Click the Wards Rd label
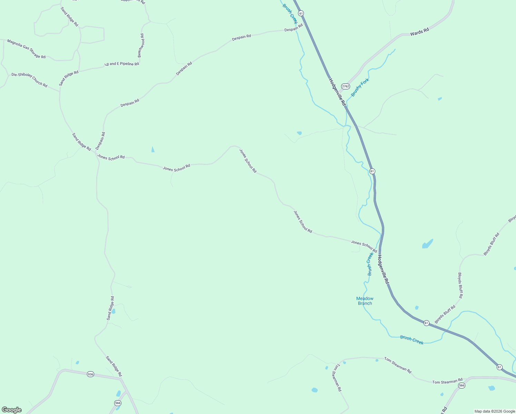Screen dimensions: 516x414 pos(419,32)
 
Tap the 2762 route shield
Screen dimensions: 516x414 pos(345,86)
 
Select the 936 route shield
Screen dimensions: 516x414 pos(90,374)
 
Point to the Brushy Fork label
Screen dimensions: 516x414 pos(360,87)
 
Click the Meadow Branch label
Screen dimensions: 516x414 pos(365,301)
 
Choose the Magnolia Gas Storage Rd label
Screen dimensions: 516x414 pos(26,49)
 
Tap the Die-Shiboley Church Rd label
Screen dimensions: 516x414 pos(29,80)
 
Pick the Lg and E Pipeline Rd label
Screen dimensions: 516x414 pos(122,64)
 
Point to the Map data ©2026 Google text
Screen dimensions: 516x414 pos(494,411)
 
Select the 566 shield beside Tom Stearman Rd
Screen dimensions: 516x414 pos(462,385)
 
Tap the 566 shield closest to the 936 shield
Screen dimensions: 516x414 pos(118,403)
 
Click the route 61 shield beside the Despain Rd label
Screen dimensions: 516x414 pos(301,13)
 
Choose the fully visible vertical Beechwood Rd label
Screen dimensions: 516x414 pos(141,45)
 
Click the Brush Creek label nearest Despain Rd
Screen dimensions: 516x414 pos(290,14)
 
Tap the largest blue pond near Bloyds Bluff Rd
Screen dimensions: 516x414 pos(427,244)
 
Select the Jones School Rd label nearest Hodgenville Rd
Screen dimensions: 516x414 pos(364,246)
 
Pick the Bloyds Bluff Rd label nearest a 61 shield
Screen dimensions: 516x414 pos(445,314)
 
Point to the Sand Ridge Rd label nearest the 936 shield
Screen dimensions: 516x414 pos(113,366)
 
